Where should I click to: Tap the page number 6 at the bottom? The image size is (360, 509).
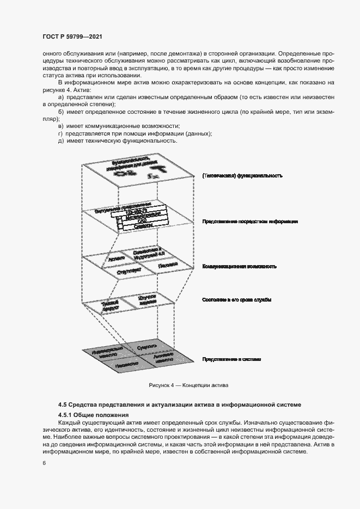click(x=43, y=463)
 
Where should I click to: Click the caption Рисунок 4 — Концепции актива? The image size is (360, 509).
click(x=188, y=385)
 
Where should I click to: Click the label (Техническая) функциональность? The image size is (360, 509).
click(x=241, y=176)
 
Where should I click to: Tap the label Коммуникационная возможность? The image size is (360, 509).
click(x=240, y=267)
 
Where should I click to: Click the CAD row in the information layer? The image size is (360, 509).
click(x=142, y=222)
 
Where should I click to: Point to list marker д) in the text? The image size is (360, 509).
click(x=60, y=141)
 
